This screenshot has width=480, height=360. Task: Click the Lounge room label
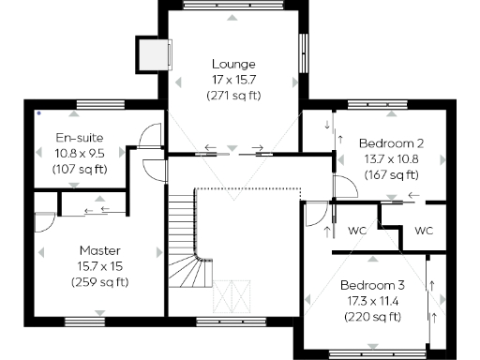pyautogui.click(x=233, y=64)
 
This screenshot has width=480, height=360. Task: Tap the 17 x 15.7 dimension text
pyautogui.click(x=233, y=80)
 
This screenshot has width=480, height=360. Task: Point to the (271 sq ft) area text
pyautogui.click(x=233, y=96)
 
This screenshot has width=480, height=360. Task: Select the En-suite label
pyautogui.click(x=80, y=138)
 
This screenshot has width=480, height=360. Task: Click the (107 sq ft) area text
pyautogui.click(x=80, y=170)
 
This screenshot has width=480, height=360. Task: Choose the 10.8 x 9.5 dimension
pyautogui.click(x=80, y=154)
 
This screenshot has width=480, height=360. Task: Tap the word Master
pyautogui.click(x=100, y=250)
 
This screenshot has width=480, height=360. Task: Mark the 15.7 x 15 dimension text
pyautogui.click(x=100, y=266)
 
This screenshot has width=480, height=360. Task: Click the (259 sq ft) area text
pyautogui.click(x=100, y=282)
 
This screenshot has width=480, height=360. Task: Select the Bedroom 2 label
pyautogui.click(x=392, y=143)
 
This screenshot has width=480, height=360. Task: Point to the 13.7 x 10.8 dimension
pyautogui.click(x=392, y=159)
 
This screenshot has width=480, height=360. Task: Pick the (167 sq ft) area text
pyautogui.click(x=392, y=175)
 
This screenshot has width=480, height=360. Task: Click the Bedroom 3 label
pyautogui.click(x=372, y=285)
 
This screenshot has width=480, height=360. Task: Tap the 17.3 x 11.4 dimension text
pyautogui.click(x=372, y=301)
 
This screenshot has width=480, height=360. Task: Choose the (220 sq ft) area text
pyautogui.click(x=372, y=317)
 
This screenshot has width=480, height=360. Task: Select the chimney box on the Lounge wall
pyautogui.click(x=153, y=53)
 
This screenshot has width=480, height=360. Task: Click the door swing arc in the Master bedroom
pyautogui.click(x=43, y=223)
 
